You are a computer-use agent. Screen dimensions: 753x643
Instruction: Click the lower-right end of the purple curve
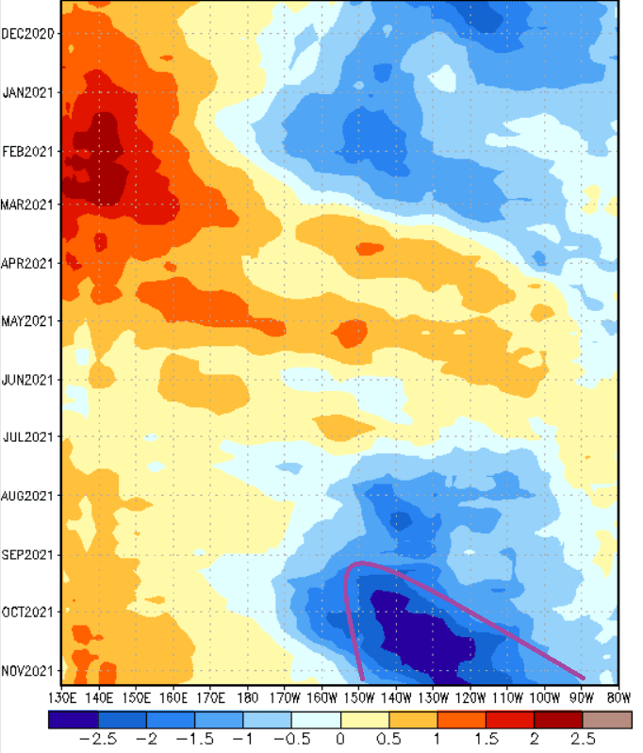coord(584,678)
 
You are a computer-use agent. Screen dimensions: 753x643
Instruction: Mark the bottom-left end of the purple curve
coord(363,678)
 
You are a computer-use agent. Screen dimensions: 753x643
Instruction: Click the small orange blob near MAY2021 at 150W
coord(351,333)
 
